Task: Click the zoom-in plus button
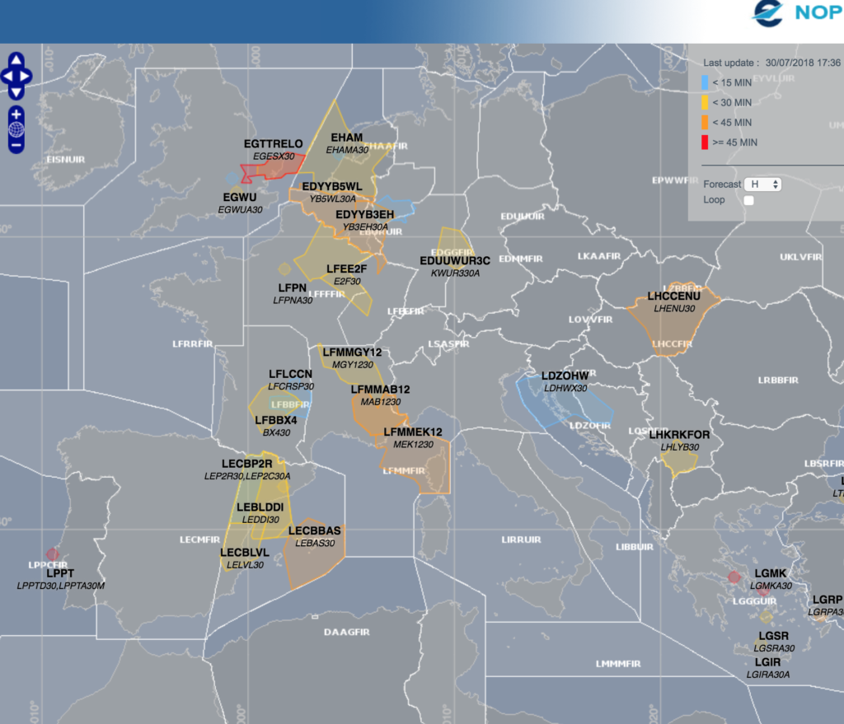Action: click(x=16, y=114)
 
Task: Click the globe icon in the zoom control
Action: click(x=16, y=128)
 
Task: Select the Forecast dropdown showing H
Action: click(x=762, y=185)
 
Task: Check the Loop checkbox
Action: click(x=749, y=200)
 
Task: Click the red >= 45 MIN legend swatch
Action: click(x=706, y=142)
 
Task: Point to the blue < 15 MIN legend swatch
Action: click(x=706, y=82)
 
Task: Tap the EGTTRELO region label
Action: click(x=274, y=144)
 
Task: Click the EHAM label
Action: click(x=346, y=138)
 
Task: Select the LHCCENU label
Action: click(x=673, y=297)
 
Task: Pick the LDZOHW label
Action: click(x=565, y=376)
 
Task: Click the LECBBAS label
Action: click(x=315, y=531)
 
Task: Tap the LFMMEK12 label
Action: click(x=413, y=432)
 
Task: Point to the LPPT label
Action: click(x=60, y=573)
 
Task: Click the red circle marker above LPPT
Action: click(x=53, y=554)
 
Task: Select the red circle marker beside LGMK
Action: click(x=732, y=578)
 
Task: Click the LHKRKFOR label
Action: click(x=679, y=435)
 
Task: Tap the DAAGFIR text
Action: click(x=346, y=633)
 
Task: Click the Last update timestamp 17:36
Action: click(x=826, y=63)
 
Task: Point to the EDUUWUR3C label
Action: click(x=455, y=261)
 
